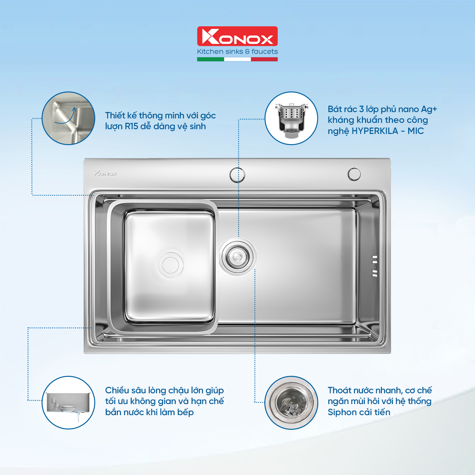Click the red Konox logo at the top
click(237, 36)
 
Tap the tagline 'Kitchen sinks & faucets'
click(237, 52)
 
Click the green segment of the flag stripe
click(210, 59)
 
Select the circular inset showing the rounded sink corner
click(68, 118)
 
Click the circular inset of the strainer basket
click(291, 118)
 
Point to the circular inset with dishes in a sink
click(68, 402)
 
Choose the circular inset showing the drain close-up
click(291, 402)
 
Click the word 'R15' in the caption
click(131, 126)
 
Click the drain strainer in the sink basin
click(237, 256)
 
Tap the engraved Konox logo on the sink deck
click(106, 174)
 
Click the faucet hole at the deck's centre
click(237, 174)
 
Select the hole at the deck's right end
click(354, 174)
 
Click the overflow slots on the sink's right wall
click(375, 266)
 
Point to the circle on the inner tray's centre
click(171, 265)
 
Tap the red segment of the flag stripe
click(264, 59)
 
